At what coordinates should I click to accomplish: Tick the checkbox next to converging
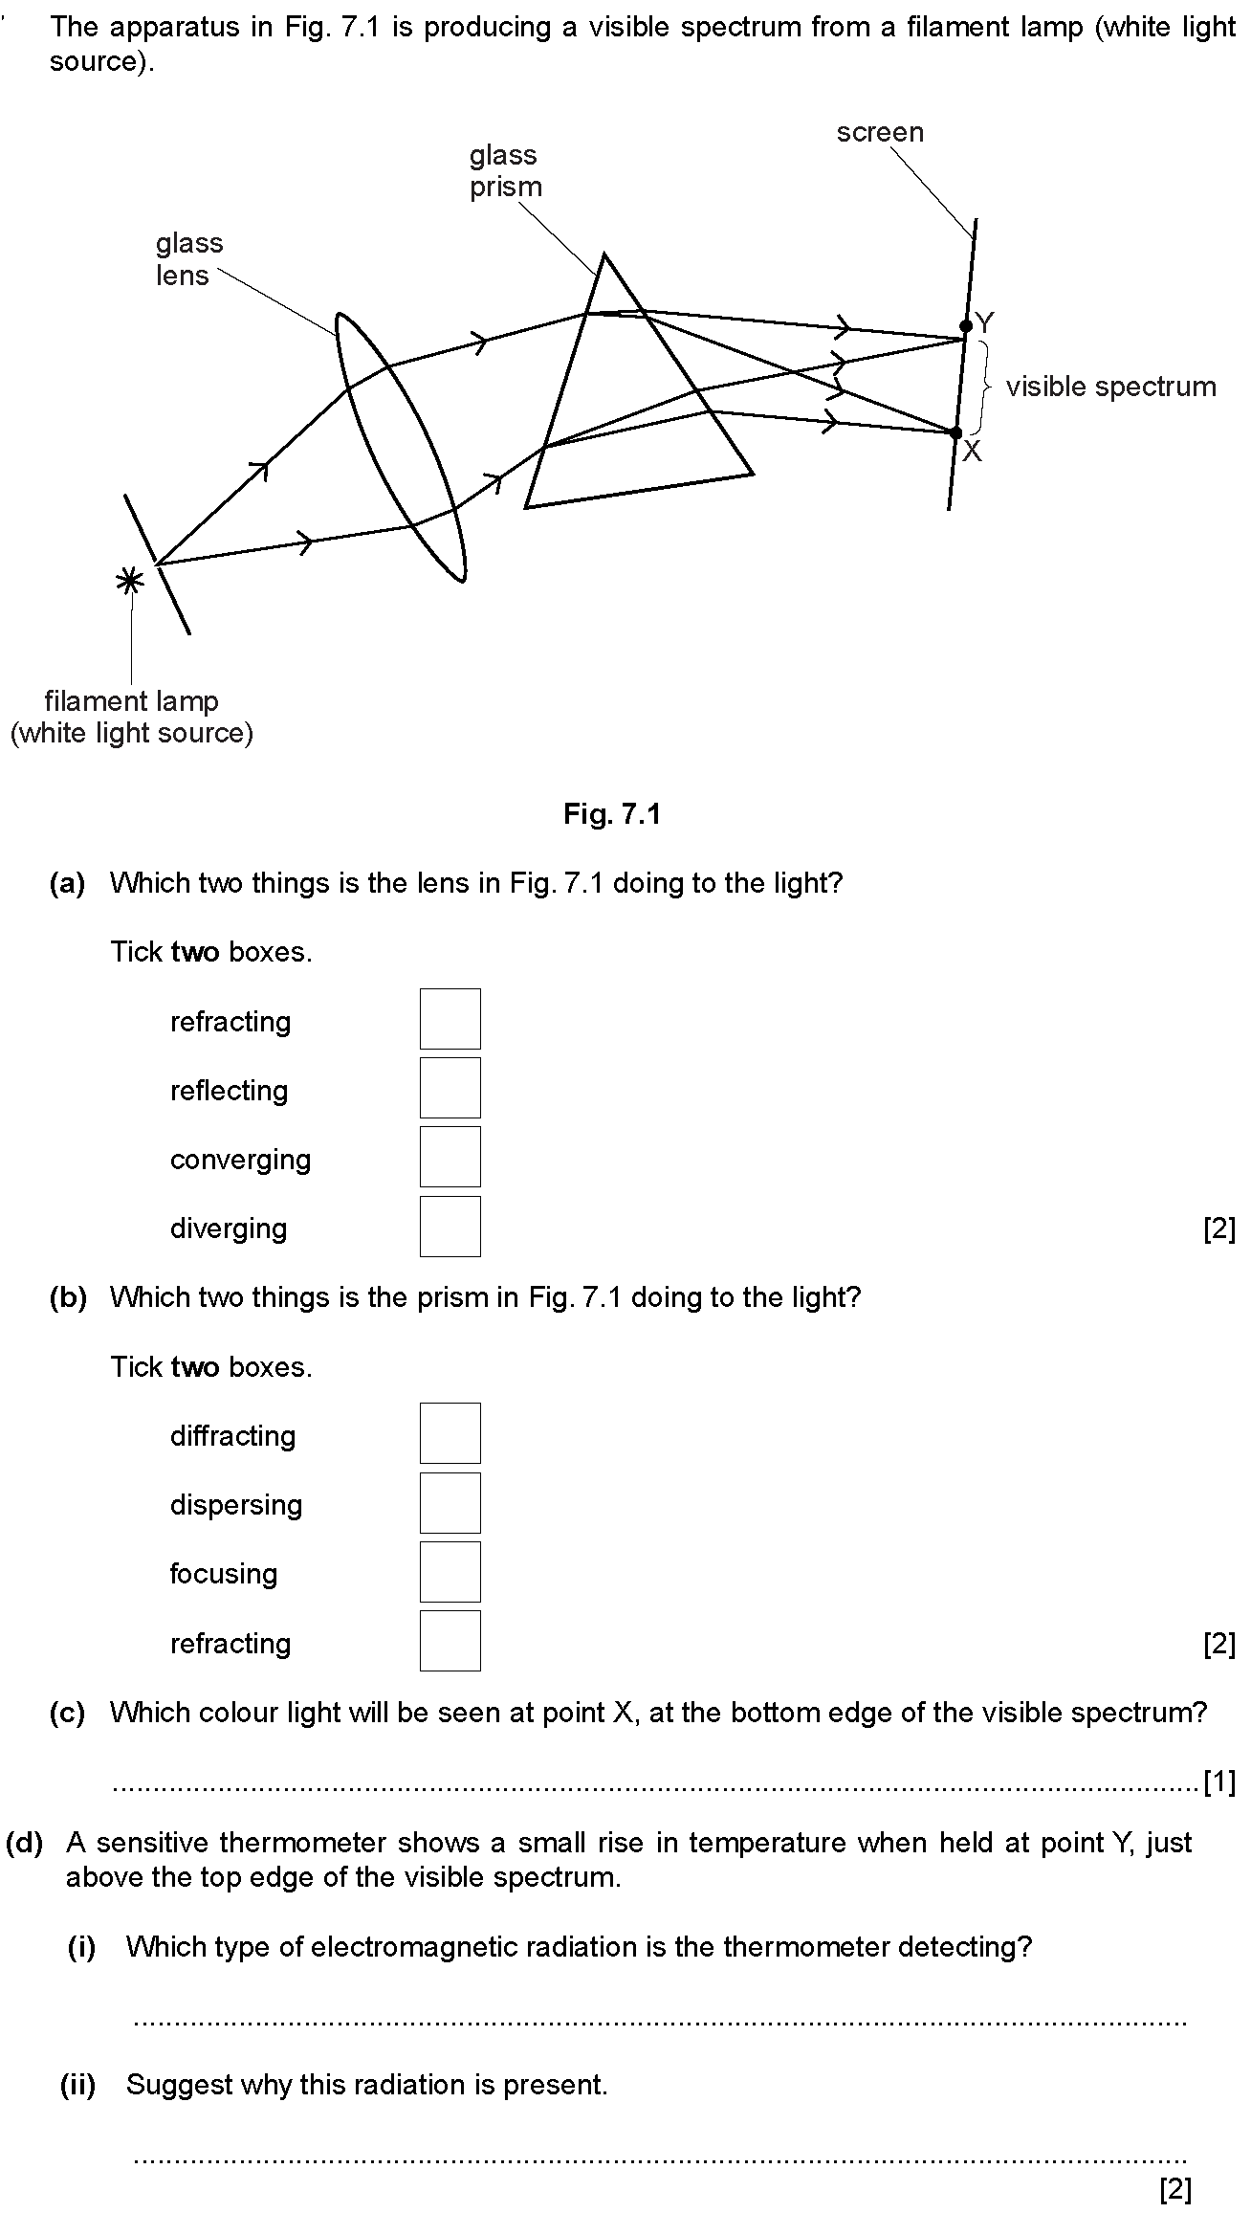coord(450,1157)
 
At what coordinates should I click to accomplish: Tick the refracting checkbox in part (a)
coord(450,1019)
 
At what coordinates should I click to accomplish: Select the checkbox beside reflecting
coord(450,1088)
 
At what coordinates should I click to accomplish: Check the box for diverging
coord(450,1226)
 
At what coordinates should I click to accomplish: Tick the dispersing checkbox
coord(450,1502)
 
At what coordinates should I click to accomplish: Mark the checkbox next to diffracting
coord(450,1433)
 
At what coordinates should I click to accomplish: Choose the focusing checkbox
coord(450,1571)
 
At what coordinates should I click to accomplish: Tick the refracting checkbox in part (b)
coord(450,1640)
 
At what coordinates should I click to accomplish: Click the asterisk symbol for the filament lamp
coord(129,580)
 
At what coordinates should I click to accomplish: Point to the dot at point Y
coord(966,326)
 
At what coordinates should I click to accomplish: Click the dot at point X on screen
coord(956,433)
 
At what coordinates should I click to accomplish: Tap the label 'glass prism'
coord(505,170)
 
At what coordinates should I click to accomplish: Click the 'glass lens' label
coord(189,259)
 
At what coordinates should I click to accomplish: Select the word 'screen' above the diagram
coord(880,132)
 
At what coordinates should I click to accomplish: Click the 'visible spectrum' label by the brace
coord(1111,387)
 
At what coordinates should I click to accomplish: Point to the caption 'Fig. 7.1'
coord(612,814)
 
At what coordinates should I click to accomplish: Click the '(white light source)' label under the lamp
coord(132,734)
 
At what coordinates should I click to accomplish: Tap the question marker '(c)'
coord(67,1712)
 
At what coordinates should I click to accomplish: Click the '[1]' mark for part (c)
coord(1219,1782)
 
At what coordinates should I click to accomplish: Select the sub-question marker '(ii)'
coord(78,2085)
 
